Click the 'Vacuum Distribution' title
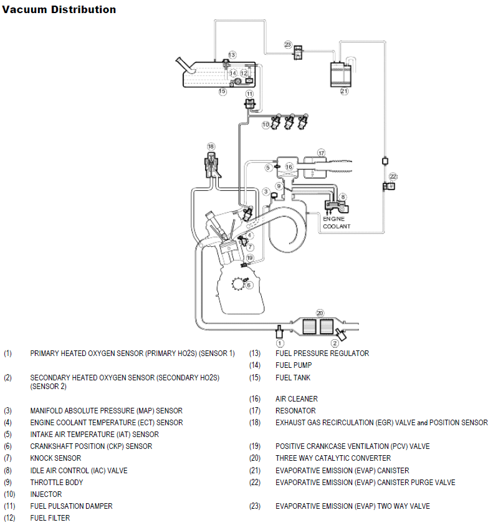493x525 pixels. coord(59,9)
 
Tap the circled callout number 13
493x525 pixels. coord(232,55)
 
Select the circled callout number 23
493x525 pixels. coord(287,44)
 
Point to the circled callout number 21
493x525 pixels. coord(344,91)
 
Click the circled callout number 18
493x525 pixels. coord(211,147)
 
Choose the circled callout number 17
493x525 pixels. coord(321,152)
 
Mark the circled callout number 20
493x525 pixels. coord(320,313)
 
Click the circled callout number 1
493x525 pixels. coord(280,343)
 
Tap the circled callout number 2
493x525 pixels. coord(335,342)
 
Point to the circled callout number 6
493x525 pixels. coord(249,285)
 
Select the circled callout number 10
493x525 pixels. coord(266,125)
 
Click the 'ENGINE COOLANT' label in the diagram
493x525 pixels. coord(337,222)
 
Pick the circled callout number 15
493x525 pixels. coord(222,91)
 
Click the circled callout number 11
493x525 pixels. coord(249,94)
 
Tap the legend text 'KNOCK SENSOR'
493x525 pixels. coord(55,458)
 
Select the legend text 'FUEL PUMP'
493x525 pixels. coord(294,365)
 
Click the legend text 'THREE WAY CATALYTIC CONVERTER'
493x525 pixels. coord(333,458)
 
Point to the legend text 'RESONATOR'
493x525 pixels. coord(295,411)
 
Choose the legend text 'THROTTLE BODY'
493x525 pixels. coord(57,482)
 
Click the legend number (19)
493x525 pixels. coord(254,446)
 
